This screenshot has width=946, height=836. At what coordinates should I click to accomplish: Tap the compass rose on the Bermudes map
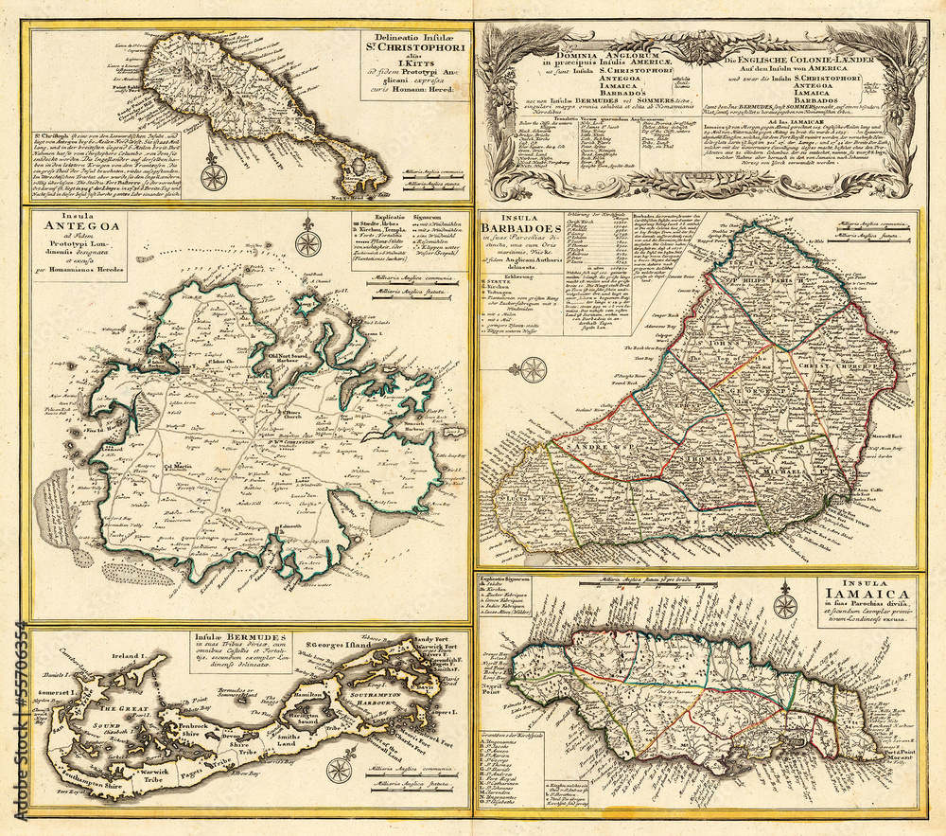(339, 764)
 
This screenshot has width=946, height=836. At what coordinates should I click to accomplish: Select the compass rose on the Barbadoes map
(534, 370)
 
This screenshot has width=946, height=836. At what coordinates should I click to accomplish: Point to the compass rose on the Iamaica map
(783, 604)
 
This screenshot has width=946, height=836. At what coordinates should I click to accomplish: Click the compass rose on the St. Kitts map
(215, 176)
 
